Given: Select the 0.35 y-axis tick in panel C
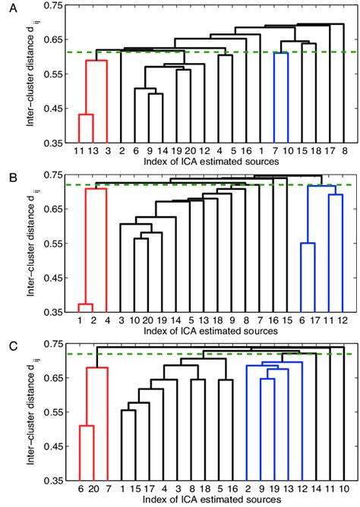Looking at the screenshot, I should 53,480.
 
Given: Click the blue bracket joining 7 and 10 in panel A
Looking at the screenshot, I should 281,53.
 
